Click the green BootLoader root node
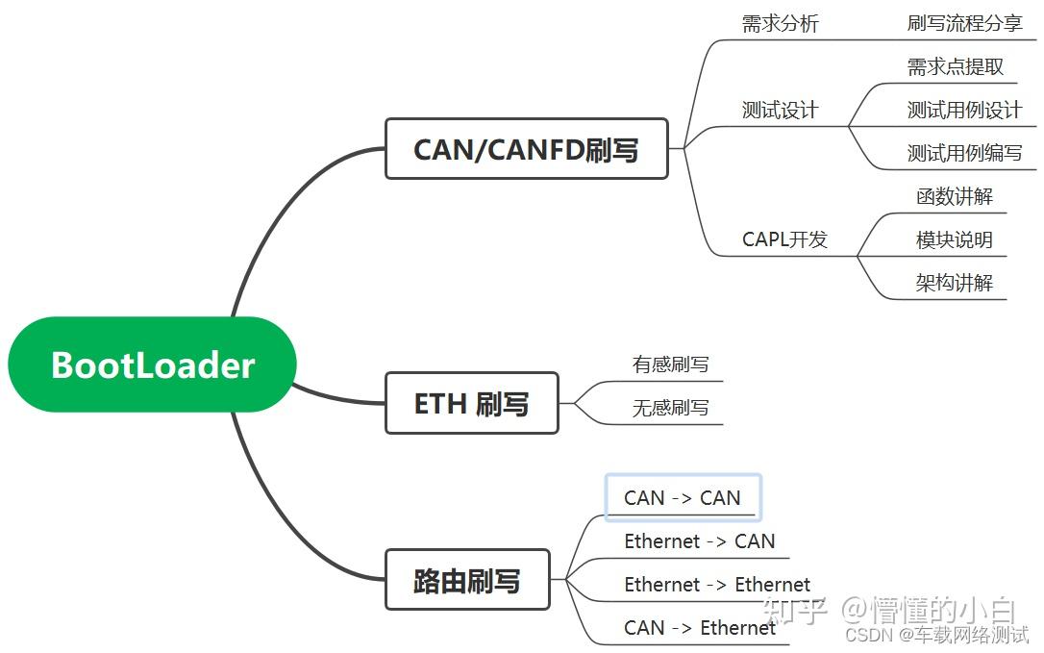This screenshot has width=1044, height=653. point(152,364)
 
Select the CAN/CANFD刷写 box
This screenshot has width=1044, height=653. point(526,149)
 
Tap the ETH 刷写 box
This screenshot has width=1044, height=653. point(471,403)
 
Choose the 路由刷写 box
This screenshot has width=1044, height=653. point(467,580)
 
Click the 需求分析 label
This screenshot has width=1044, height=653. point(780,24)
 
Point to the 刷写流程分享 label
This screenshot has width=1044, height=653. point(964,24)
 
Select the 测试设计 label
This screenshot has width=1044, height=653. point(780,110)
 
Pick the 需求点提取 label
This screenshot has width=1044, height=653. point(955,66)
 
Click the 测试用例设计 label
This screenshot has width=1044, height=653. point(964,110)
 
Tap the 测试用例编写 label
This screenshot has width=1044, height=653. point(964,153)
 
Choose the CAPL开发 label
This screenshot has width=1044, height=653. point(784,239)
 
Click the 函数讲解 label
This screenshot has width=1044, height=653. point(954,196)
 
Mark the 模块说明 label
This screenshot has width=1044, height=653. point(954,239)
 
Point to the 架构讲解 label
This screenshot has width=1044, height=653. point(954,283)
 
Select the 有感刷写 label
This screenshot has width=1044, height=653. point(670,364)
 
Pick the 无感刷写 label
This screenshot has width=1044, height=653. point(670,408)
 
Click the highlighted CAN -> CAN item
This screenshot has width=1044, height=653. point(683,498)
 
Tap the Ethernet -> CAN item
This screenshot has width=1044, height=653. point(699,541)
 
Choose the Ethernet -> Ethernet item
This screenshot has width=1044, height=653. point(716,585)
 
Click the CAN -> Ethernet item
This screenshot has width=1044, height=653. point(699,628)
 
